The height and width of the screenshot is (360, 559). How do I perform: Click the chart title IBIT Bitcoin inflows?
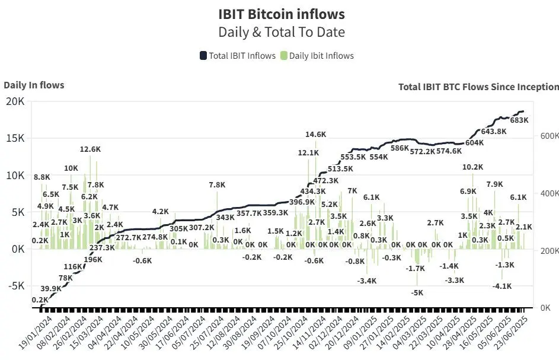[x=281, y=14]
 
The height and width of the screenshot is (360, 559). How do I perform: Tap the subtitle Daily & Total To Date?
[x=281, y=32]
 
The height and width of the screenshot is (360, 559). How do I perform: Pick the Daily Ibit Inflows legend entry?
[x=317, y=56]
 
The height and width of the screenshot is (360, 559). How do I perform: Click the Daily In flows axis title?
[x=34, y=85]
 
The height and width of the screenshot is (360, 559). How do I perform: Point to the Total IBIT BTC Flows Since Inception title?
[x=478, y=87]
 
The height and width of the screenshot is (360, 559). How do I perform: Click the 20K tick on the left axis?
[x=14, y=101]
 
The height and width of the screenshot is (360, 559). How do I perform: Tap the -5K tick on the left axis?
[x=14, y=285]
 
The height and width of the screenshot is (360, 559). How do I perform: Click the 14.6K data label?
[x=316, y=135]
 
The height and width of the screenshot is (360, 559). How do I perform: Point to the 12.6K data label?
[x=90, y=149]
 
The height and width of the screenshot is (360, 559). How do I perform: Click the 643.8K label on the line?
[x=494, y=131]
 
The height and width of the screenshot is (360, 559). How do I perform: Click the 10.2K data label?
[x=472, y=167]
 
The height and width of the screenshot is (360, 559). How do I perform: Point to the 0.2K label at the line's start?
[x=40, y=300]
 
